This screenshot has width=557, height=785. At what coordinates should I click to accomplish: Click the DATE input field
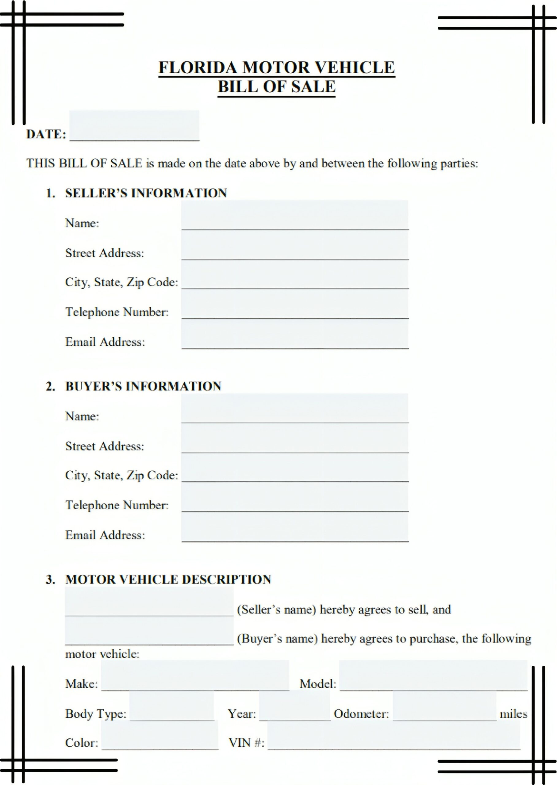(x=134, y=125)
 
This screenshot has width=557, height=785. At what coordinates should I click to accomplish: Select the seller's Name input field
(x=295, y=215)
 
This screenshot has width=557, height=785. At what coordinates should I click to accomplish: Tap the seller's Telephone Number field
(x=295, y=304)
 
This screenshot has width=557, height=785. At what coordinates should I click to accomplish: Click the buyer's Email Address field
(x=295, y=527)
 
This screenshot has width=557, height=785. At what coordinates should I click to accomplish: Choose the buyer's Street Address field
(x=295, y=438)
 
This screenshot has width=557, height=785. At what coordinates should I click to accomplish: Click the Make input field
(x=195, y=675)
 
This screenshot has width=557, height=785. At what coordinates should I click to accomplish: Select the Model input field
(x=433, y=675)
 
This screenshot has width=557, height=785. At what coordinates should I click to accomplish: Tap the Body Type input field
(x=171, y=706)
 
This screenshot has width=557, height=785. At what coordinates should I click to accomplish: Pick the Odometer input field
(x=444, y=706)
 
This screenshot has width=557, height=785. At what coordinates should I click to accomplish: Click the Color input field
(x=159, y=734)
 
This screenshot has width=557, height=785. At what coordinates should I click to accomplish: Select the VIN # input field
(x=394, y=734)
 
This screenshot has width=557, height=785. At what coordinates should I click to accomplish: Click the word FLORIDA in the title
(x=198, y=67)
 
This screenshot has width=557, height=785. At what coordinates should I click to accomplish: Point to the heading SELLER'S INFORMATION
(x=146, y=193)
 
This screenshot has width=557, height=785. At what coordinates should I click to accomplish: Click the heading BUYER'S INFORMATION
(x=143, y=386)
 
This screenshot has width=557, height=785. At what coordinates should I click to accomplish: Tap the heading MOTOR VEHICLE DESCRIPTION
(x=168, y=579)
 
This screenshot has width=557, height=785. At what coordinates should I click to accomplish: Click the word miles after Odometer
(x=513, y=714)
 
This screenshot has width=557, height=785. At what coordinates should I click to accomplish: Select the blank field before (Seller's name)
(x=149, y=602)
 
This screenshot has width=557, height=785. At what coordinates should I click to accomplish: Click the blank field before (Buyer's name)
(x=149, y=631)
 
